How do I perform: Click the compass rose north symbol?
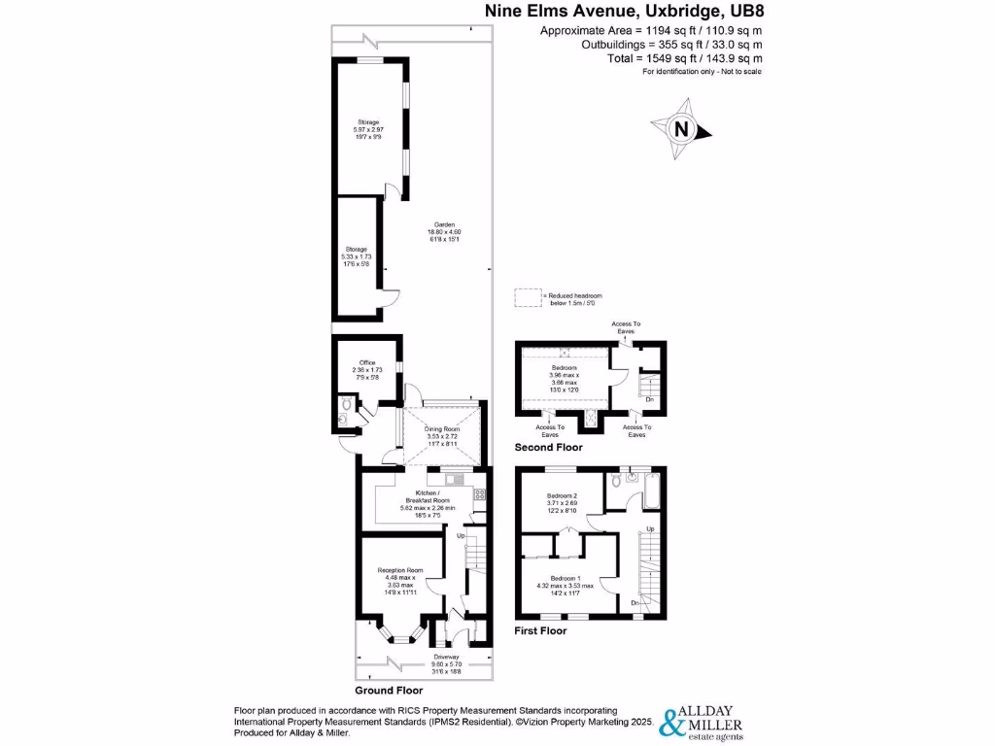682,128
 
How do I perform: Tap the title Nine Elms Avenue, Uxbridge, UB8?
624,12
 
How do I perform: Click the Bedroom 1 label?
564,575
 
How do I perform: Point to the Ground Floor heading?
389,691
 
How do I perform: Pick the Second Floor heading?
549,448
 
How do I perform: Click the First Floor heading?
540,630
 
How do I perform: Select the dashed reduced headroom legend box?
529,299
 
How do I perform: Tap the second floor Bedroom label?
565,368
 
